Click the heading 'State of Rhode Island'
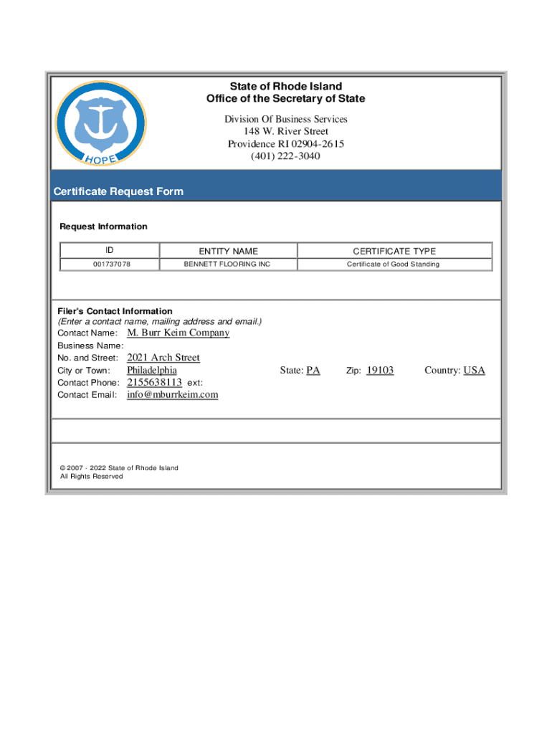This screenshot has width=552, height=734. point(285,87)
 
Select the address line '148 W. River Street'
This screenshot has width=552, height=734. point(285,132)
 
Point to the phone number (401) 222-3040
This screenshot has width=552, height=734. point(285,156)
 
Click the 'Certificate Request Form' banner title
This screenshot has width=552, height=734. point(118,191)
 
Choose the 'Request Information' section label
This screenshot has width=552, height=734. point(103,227)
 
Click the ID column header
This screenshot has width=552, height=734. point(109,251)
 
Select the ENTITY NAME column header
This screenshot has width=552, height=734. point(228,251)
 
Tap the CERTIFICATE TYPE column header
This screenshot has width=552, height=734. point(394,251)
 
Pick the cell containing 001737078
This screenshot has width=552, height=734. point(109,264)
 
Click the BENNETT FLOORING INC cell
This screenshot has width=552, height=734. point(228,264)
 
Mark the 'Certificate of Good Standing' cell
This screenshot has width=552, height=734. point(394,264)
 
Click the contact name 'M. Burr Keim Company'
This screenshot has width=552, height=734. point(179,333)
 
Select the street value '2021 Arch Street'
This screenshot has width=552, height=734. point(163,358)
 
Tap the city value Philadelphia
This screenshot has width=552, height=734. point(152,371)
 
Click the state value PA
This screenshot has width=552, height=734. point(313,371)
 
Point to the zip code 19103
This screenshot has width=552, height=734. point(380,371)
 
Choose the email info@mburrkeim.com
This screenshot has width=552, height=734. point(173,395)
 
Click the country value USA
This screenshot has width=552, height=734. point(474,371)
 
